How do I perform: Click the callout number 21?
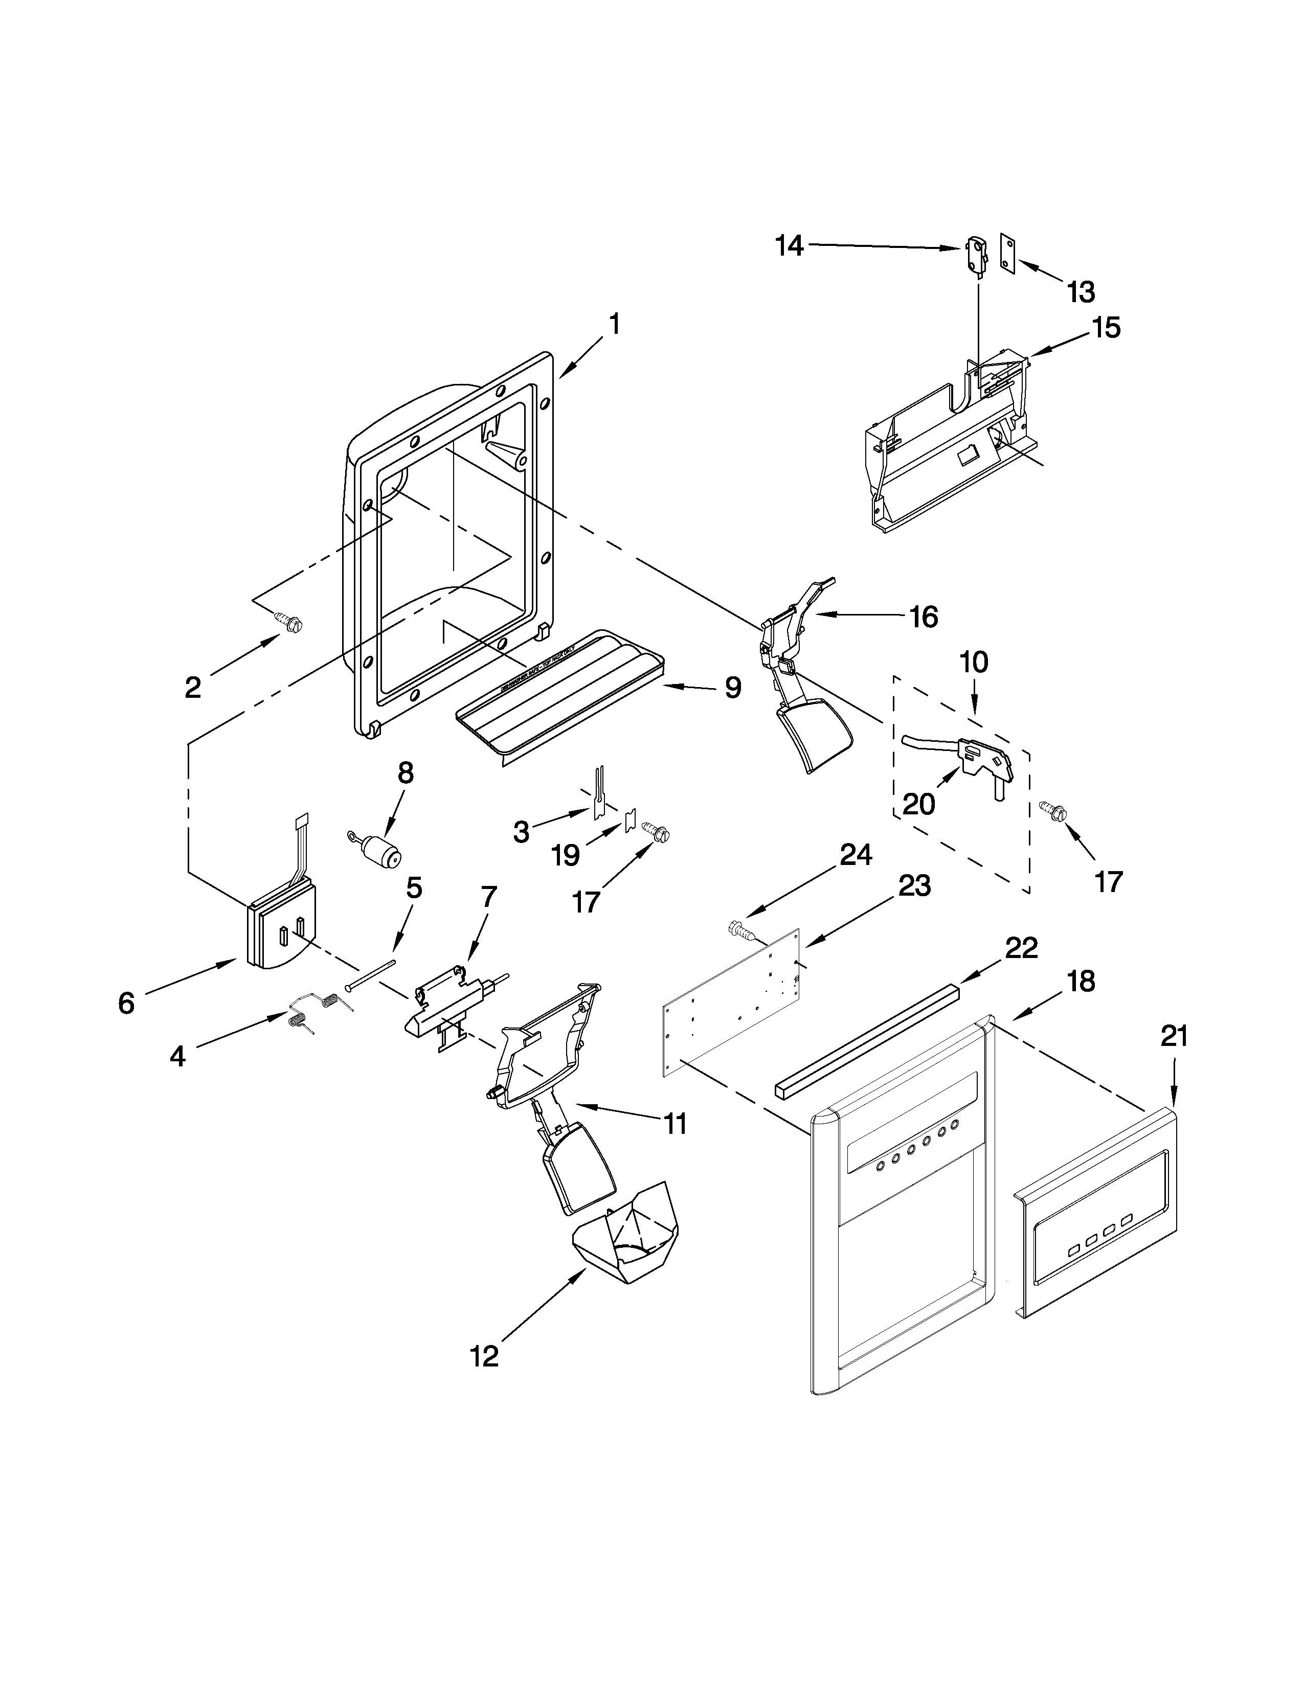1174,1036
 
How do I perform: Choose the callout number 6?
126,1002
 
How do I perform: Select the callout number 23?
914,885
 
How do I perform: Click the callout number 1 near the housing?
614,324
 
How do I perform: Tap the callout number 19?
566,854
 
